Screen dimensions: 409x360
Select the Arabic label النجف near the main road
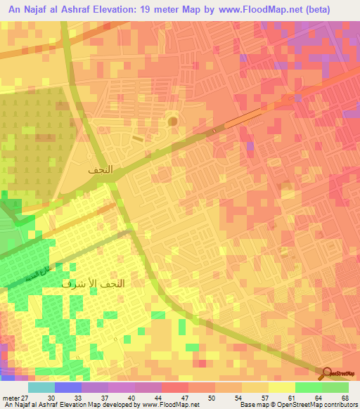tap(101, 170)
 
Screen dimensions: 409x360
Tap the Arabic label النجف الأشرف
tap(94, 284)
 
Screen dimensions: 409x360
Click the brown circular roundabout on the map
tap(173, 121)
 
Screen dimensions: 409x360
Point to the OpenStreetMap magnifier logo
tap(327, 375)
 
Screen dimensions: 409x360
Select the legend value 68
tap(345, 398)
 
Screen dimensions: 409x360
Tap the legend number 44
tap(166, 398)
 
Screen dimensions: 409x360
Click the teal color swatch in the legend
tap(41, 387)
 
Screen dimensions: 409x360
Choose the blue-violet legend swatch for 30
tap(67, 387)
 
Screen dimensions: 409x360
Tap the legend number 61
tap(300, 398)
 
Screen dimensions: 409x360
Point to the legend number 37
tap(121, 398)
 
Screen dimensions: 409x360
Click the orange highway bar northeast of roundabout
tap(245, 118)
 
